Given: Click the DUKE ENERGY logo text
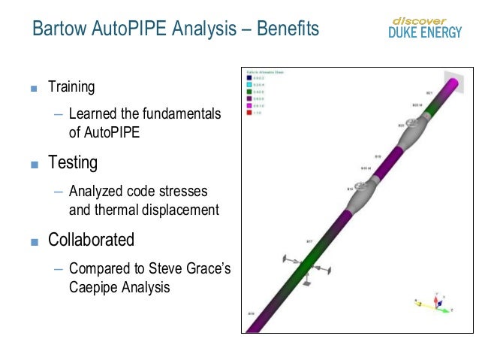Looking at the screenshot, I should click(x=425, y=32).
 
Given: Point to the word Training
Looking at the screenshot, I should click(x=71, y=86).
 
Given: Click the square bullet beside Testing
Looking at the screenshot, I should click(x=33, y=164).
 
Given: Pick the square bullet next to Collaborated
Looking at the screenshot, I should click(x=33, y=242).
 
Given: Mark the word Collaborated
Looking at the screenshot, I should click(x=91, y=241).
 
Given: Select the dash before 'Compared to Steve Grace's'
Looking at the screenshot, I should click(x=59, y=268).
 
